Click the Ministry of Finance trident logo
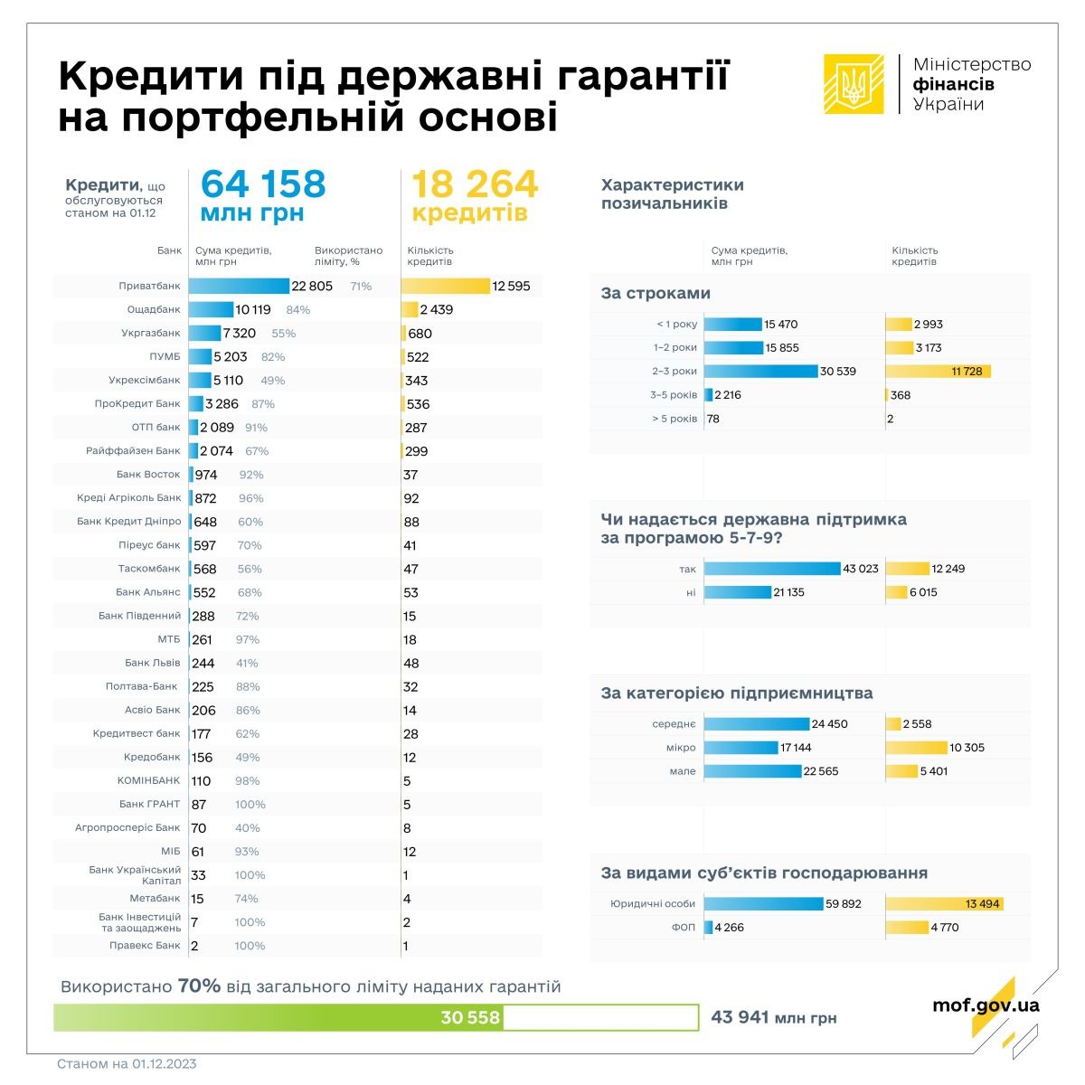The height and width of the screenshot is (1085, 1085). [x=853, y=84]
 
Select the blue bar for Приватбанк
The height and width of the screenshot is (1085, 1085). [x=239, y=286]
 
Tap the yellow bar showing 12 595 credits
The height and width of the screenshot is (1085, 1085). [x=445, y=286]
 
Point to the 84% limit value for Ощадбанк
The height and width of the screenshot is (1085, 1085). [x=297, y=310]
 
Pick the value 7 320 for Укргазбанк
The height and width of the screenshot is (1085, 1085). [x=240, y=334]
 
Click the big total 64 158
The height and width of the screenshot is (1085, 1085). [x=262, y=184]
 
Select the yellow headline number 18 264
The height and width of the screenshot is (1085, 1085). [x=475, y=184]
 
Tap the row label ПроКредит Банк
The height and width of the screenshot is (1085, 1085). [x=137, y=404]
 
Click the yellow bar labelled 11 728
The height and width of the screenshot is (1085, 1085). [x=938, y=372]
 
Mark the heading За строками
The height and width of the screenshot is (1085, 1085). [x=656, y=294]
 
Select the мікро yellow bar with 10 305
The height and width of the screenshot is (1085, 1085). [x=916, y=748]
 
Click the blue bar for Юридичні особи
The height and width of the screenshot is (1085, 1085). [x=764, y=903]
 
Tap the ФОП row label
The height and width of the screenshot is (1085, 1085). [x=684, y=928]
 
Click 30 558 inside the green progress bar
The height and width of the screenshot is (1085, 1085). [x=470, y=1017]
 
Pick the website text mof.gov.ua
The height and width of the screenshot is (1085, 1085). [x=986, y=1005]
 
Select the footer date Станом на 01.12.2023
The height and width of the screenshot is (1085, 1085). [x=127, y=1064]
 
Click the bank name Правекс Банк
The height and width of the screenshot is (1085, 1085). [x=145, y=946]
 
